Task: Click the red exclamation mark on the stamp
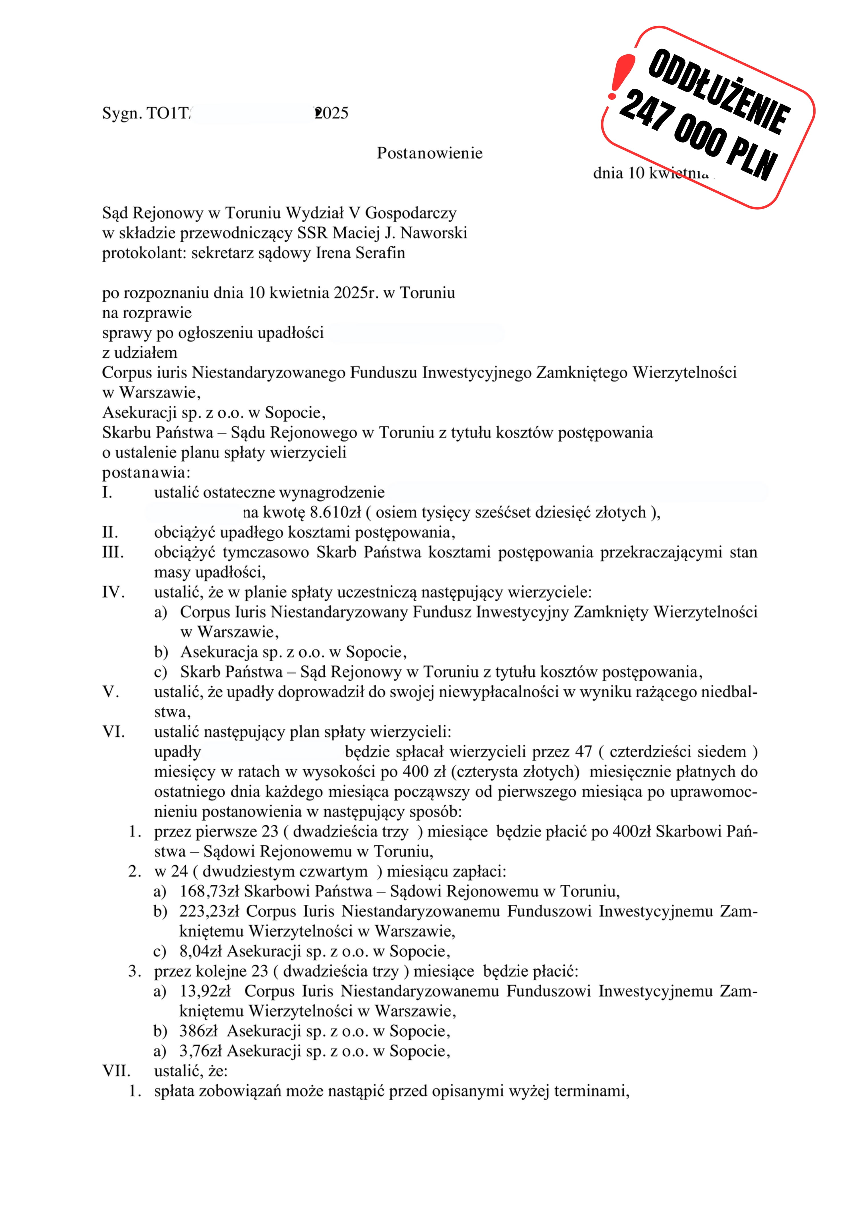pos(620,76)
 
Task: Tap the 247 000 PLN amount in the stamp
pos(698,135)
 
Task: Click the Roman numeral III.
pos(113,552)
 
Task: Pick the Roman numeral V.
pos(110,692)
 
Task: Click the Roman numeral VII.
pos(116,1071)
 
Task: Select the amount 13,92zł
pos(205,991)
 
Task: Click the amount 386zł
pos(198,1031)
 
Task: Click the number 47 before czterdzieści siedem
pos(583,752)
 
